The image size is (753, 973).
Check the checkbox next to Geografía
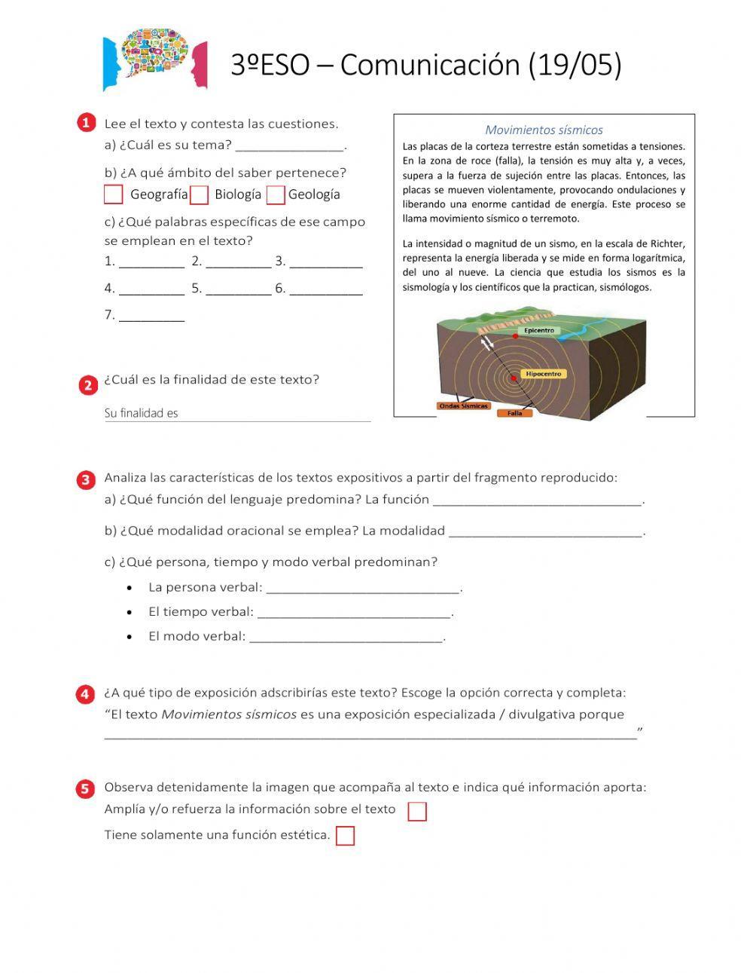pos(113,194)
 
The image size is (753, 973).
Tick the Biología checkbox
pos(199,195)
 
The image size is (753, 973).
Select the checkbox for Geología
pos(276,195)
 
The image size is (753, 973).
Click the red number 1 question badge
pos(87,124)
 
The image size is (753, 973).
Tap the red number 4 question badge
pos(87,693)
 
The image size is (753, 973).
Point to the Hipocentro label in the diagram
pos(544,374)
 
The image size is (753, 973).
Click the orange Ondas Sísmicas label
pos(464,406)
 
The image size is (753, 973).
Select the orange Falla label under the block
pos(515,413)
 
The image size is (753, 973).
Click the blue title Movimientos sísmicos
pos(544,130)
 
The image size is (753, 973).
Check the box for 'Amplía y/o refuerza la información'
pos(416,811)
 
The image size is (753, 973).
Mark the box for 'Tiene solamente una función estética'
pos(345,836)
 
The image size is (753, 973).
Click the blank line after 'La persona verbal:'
pos(363,589)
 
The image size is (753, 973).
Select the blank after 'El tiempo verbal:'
pos(354,613)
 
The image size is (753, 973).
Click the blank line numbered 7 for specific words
pos(152,317)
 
